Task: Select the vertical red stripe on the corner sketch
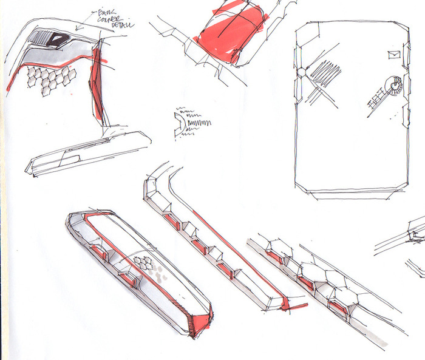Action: (x=95, y=85)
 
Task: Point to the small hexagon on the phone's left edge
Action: (x=300, y=72)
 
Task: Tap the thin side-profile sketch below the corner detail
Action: (x=85, y=155)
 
